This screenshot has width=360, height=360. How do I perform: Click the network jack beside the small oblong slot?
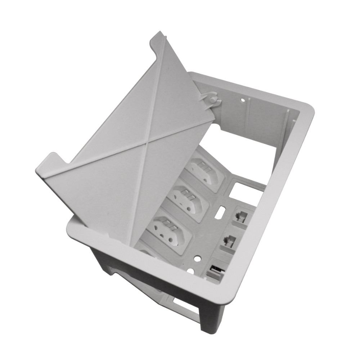coord(239,215)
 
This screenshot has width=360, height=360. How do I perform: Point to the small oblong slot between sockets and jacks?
coord(221,212)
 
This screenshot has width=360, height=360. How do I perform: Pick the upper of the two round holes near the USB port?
coord(197,258)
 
